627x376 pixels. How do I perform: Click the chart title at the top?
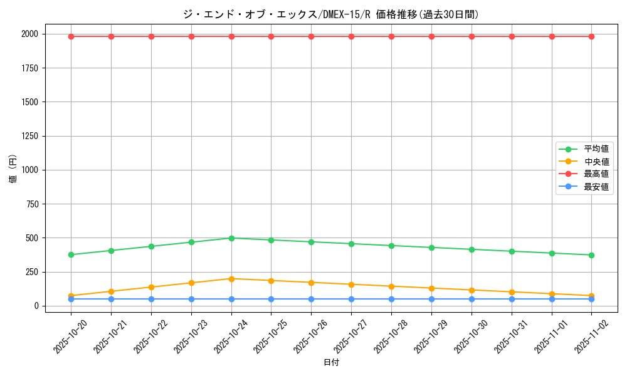(x=330, y=14)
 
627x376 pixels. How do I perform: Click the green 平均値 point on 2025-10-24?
(x=231, y=238)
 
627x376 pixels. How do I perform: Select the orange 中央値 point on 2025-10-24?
(x=231, y=279)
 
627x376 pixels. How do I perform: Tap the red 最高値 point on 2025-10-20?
(x=71, y=36)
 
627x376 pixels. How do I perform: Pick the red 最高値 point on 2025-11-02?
(x=591, y=36)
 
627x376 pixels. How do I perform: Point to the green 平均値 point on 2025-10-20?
(x=71, y=254)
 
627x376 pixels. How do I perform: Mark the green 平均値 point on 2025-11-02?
(x=591, y=255)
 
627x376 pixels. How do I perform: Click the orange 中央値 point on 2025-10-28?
(x=391, y=286)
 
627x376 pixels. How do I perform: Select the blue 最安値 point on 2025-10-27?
(x=351, y=299)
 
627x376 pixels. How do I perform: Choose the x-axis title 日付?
(x=331, y=363)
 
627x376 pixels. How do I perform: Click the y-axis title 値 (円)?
(x=13, y=170)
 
